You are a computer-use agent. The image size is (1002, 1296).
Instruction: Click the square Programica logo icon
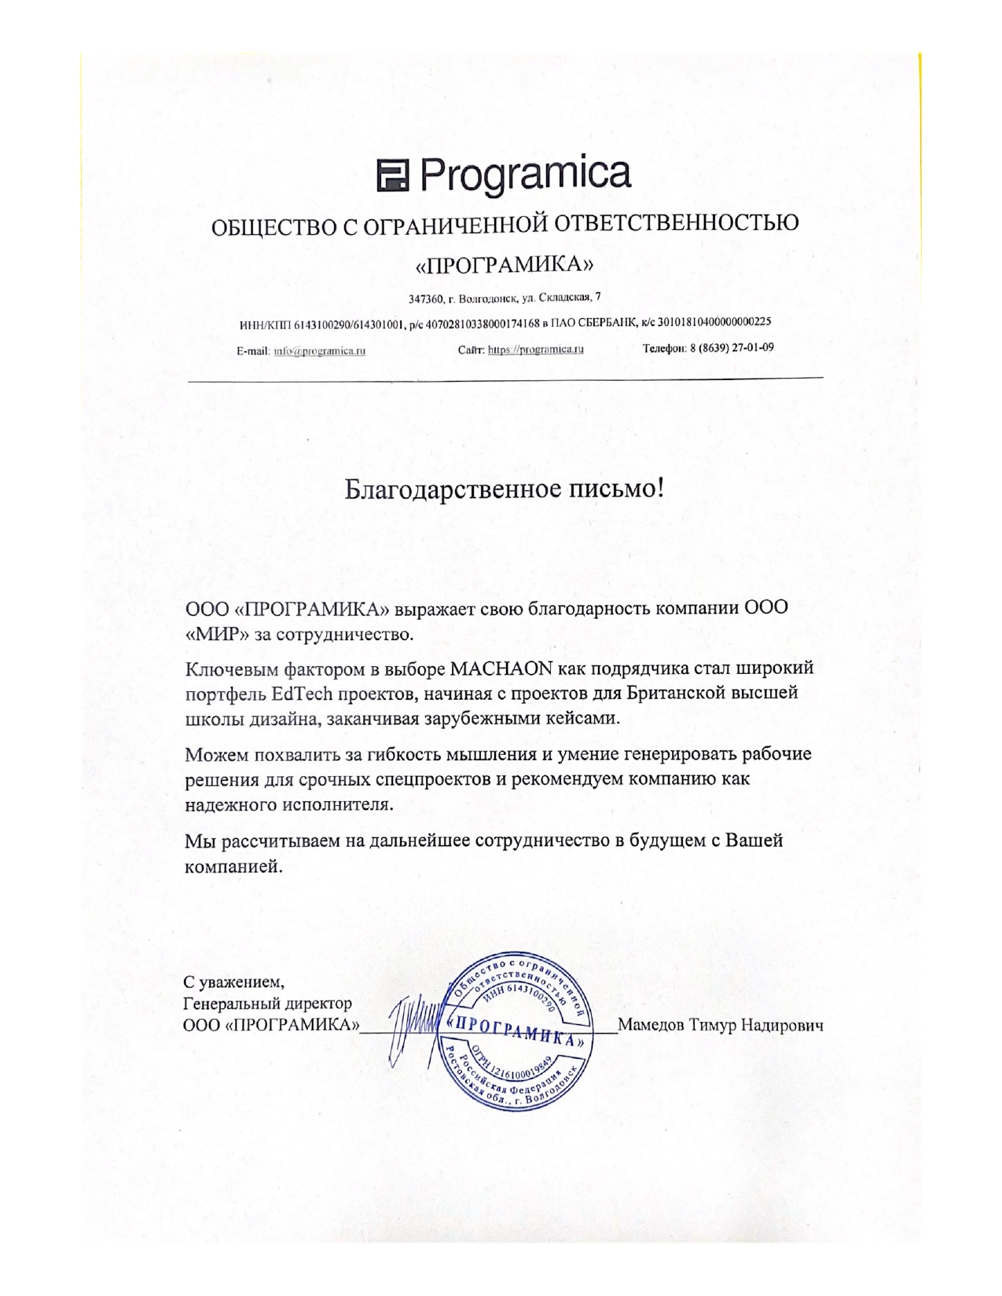coord(394,175)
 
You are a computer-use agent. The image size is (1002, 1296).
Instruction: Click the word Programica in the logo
coord(526,174)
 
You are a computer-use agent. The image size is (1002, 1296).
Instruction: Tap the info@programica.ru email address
coord(319,351)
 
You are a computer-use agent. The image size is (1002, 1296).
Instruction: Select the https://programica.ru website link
coord(535,350)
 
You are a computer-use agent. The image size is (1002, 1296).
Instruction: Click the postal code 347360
coord(424,298)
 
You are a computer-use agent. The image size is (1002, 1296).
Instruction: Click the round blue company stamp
coord(517,1031)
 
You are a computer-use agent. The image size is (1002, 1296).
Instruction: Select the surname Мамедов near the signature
coord(651,1025)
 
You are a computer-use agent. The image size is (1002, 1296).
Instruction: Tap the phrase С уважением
coord(233,982)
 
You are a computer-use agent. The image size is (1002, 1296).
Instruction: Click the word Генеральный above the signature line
coord(235,1004)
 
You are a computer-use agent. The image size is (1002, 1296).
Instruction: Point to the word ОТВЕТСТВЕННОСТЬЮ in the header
coord(677,224)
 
